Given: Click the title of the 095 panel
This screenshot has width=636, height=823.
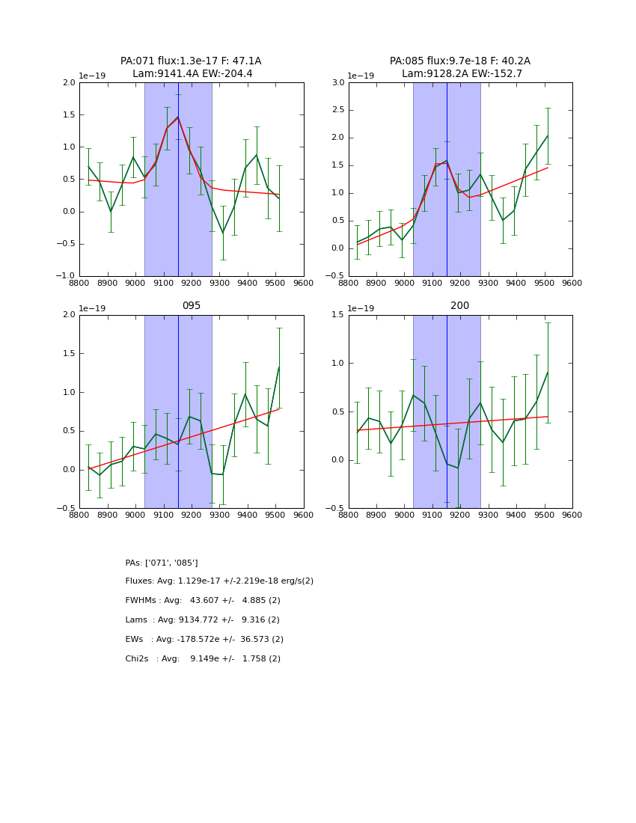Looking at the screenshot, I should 191,306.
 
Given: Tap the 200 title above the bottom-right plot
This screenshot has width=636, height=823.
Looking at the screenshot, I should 459,306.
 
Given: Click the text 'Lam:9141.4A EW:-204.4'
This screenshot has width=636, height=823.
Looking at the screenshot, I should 192,73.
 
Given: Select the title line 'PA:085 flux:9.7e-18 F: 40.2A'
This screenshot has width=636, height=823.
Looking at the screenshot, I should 459,61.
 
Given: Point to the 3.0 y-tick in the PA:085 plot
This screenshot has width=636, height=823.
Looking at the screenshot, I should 337,83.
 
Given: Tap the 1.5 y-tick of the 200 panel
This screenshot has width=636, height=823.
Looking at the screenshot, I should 337,315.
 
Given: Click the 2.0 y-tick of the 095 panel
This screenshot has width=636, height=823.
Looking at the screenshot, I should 69,315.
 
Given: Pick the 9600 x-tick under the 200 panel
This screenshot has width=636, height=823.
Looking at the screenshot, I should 572,515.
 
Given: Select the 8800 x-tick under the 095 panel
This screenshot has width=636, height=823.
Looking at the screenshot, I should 79,515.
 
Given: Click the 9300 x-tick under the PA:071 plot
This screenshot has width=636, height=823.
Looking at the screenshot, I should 219,284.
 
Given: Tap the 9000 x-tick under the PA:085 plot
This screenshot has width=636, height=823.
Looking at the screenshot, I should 404,284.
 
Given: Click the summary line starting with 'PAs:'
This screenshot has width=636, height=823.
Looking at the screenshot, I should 162,563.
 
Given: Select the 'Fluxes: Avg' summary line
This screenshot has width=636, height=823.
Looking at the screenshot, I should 219,581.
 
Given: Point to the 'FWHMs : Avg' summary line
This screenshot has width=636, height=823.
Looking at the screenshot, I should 203,601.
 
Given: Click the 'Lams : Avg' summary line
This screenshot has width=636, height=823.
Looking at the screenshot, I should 202,620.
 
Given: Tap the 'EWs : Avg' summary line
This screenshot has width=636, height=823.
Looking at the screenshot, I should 204,640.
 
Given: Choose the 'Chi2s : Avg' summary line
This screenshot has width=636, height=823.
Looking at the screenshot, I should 203,659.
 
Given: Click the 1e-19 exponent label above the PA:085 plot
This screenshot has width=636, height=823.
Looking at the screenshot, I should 361,76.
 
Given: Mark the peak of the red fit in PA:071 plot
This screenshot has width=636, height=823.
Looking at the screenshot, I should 178,117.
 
